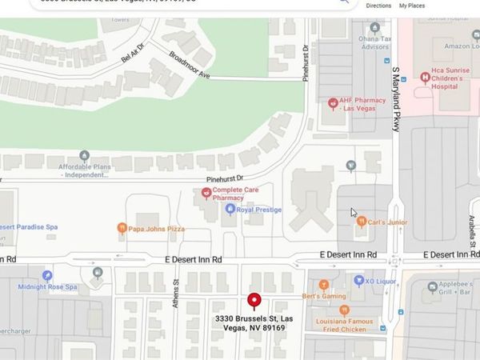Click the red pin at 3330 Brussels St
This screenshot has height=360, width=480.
click(x=254, y=300)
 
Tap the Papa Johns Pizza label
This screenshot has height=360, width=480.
click(x=157, y=229)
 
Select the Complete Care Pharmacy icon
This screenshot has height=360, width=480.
click(x=206, y=193)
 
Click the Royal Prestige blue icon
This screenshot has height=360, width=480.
click(x=230, y=210)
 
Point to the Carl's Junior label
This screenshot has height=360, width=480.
click(x=387, y=222)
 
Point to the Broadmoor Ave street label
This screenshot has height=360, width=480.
click(x=190, y=65)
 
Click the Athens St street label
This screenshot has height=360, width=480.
click(x=176, y=286)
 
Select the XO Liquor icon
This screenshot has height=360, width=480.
click(x=360, y=282)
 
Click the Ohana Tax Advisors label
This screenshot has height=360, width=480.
click(x=375, y=42)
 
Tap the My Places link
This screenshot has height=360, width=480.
click(x=412, y=6)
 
